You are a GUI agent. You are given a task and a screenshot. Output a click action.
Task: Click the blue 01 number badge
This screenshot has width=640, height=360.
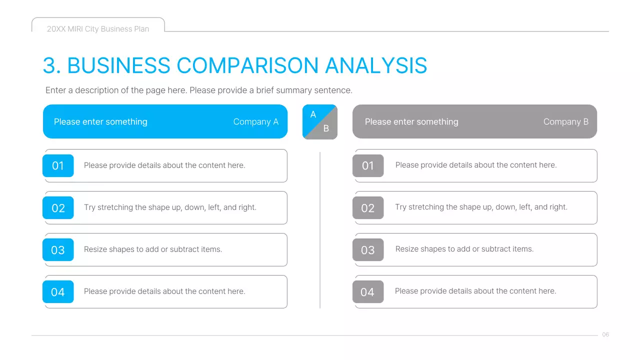click(x=58, y=165)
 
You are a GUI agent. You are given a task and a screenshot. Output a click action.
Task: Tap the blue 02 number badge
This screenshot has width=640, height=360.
click(x=58, y=208)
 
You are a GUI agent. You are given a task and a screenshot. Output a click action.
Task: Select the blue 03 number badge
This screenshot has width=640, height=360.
click(x=58, y=250)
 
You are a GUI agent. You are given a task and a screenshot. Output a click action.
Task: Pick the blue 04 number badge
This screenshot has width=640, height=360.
click(x=58, y=292)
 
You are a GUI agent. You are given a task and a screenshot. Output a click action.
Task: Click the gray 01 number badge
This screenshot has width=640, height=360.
click(x=368, y=165)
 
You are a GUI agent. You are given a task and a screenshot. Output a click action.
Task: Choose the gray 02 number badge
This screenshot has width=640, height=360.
click(x=368, y=208)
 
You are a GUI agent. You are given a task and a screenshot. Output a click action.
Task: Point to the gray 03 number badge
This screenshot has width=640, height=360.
click(x=368, y=250)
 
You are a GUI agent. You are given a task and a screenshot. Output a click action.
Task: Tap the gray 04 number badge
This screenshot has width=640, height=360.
click(x=368, y=292)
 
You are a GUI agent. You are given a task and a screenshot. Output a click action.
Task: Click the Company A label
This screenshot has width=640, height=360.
click(x=255, y=122)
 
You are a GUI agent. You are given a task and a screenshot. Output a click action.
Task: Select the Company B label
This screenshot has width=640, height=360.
click(x=565, y=122)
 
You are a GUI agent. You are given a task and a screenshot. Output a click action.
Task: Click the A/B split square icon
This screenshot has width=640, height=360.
click(x=320, y=121)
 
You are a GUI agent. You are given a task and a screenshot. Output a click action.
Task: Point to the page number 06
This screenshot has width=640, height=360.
click(x=605, y=334)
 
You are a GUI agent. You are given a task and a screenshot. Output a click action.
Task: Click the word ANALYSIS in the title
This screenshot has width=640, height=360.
click(x=376, y=66)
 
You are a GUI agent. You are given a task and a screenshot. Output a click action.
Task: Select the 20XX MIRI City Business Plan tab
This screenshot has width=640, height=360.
click(x=98, y=29)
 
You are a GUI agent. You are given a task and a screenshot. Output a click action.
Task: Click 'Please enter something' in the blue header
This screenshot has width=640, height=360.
click(x=100, y=122)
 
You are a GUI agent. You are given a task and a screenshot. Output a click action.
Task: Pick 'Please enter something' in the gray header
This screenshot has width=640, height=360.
click(x=411, y=122)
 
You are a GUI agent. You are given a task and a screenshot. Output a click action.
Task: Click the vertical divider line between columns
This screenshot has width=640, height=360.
click(x=320, y=230)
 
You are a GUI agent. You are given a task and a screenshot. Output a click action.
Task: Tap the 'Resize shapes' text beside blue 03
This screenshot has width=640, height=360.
click(x=153, y=249)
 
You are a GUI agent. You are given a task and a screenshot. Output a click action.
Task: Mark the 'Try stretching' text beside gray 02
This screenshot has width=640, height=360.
click(x=481, y=207)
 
